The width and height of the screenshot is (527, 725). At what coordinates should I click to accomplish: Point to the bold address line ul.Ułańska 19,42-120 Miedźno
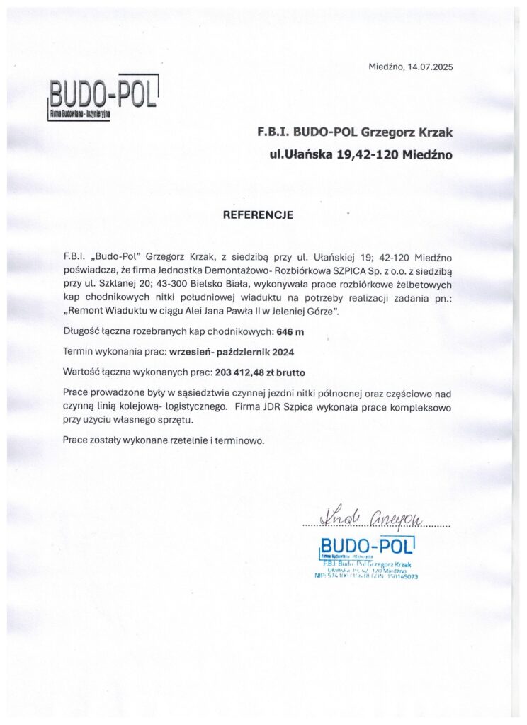[360, 153]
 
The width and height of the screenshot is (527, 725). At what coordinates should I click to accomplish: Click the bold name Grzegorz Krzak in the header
[412, 132]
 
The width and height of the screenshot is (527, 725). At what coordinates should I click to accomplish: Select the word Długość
[81, 331]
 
